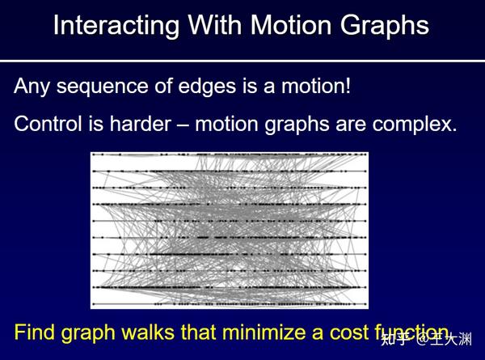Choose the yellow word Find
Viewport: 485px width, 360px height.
[x=36, y=332]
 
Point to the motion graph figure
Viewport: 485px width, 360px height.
[x=229, y=230]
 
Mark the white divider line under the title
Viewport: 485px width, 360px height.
[x=242, y=61]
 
